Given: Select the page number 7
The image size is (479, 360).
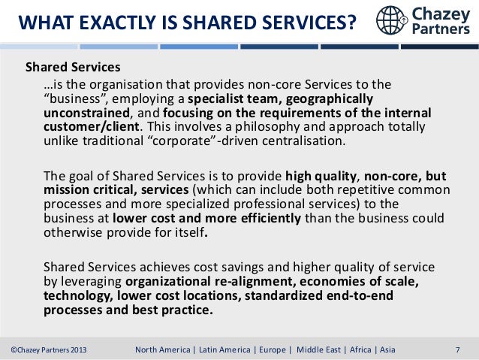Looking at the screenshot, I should pos(458,349).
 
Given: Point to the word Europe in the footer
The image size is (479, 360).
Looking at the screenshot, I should pos(276,349).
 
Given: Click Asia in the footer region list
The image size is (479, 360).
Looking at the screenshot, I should pos(385,349).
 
